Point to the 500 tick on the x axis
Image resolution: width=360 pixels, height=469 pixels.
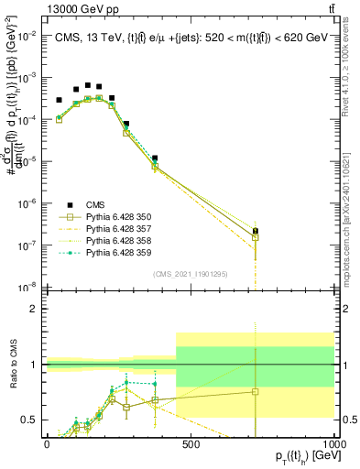click(191, 443)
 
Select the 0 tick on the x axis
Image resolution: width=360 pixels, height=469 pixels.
click(47, 443)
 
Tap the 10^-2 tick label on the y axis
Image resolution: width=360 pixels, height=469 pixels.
click(27, 36)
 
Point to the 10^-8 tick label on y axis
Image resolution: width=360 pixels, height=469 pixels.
click(27, 286)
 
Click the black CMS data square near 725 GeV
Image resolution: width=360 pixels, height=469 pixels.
click(256, 231)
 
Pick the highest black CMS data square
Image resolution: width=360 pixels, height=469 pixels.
click(88, 84)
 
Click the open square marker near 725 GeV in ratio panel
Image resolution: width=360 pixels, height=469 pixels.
click(256, 391)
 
